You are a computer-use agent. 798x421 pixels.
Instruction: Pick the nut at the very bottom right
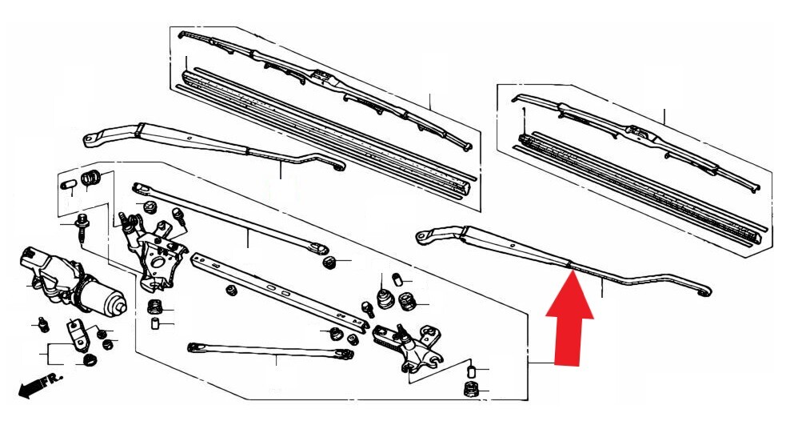pyautogui.click(x=470, y=391)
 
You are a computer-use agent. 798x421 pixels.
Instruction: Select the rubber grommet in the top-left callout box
pyautogui.click(x=91, y=176)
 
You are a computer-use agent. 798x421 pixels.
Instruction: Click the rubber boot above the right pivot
pyautogui.click(x=385, y=299)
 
